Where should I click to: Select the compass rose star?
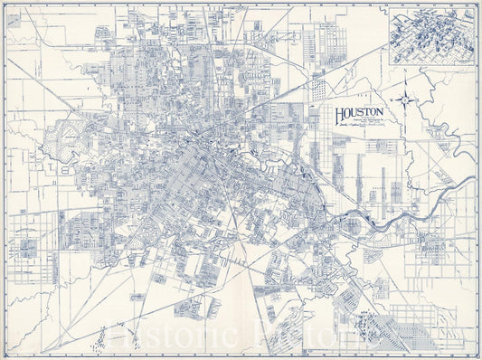coord(406,99)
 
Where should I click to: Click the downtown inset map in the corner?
coord(431,36)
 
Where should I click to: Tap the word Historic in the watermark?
coord(185,335)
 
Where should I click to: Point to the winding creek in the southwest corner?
coord(36,308)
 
